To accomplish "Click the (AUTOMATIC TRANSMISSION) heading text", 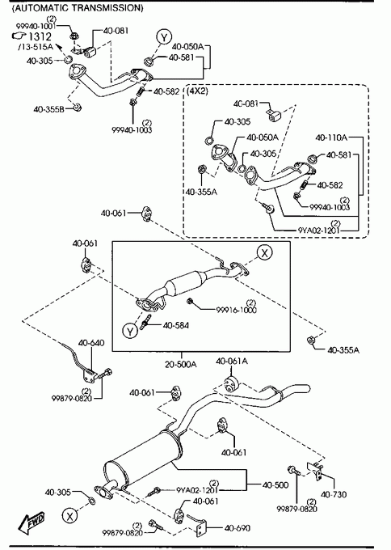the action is (x=78, y=8).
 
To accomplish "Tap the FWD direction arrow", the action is (x=32, y=522).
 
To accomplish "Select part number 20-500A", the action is (x=181, y=364).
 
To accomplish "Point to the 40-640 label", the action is (x=91, y=343).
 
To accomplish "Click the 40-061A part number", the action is (x=232, y=361).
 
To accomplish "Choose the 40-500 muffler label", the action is (x=275, y=484).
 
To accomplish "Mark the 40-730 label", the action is (x=334, y=494).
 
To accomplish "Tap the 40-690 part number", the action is (x=238, y=528).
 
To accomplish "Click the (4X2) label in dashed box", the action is (x=198, y=91).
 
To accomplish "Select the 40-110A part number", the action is (x=331, y=137).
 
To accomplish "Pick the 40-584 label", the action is (x=176, y=325).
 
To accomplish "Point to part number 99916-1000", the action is (x=237, y=310).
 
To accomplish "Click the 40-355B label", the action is (x=49, y=109).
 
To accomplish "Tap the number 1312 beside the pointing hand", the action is (x=40, y=36).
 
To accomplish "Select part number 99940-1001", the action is (x=36, y=26).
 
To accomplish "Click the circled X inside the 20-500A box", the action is (x=264, y=252).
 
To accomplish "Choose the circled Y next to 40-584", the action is (x=130, y=331).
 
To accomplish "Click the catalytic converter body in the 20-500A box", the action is (x=185, y=284).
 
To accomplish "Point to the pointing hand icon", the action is (x=19, y=36).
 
